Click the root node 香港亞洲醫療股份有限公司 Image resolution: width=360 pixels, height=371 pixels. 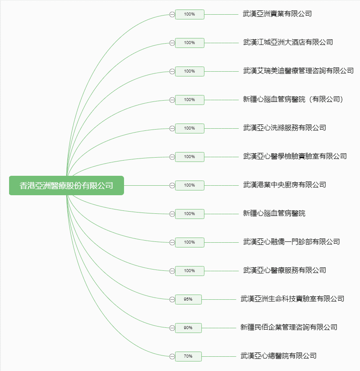[x=67, y=186]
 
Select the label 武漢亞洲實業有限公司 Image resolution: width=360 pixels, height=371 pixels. [x=277, y=14]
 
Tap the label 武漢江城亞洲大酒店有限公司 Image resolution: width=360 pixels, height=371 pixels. [x=288, y=42]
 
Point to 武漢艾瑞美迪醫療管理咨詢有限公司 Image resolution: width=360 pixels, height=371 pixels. [x=298, y=71]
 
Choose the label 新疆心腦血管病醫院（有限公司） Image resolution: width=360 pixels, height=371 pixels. [x=293, y=99]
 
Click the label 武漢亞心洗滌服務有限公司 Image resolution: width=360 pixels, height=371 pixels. [x=284, y=128]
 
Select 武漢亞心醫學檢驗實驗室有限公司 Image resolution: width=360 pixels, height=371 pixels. [x=295, y=156]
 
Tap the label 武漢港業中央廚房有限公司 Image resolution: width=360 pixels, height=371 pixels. [x=284, y=185]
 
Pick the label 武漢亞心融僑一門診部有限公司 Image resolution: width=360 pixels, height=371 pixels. [x=291, y=242]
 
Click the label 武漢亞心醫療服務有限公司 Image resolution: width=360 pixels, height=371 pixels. [x=284, y=270]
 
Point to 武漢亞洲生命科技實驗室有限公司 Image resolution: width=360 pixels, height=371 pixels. [x=292, y=299]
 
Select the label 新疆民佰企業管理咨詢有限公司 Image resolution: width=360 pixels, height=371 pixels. [x=289, y=327]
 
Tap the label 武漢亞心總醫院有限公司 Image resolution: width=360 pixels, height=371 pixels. [x=278, y=356]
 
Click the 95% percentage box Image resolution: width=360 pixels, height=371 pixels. [x=188, y=299]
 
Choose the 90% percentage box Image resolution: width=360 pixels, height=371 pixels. [x=188, y=328]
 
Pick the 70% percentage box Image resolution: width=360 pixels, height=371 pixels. [x=188, y=356]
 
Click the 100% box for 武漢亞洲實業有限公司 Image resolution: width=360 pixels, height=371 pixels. [x=190, y=14]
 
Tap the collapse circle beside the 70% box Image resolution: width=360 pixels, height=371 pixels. [x=172, y=356]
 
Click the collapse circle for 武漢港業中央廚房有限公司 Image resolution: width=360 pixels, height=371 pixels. [x=172, y=186]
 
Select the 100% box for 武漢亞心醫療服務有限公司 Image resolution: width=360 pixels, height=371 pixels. [x=190, y=271]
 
